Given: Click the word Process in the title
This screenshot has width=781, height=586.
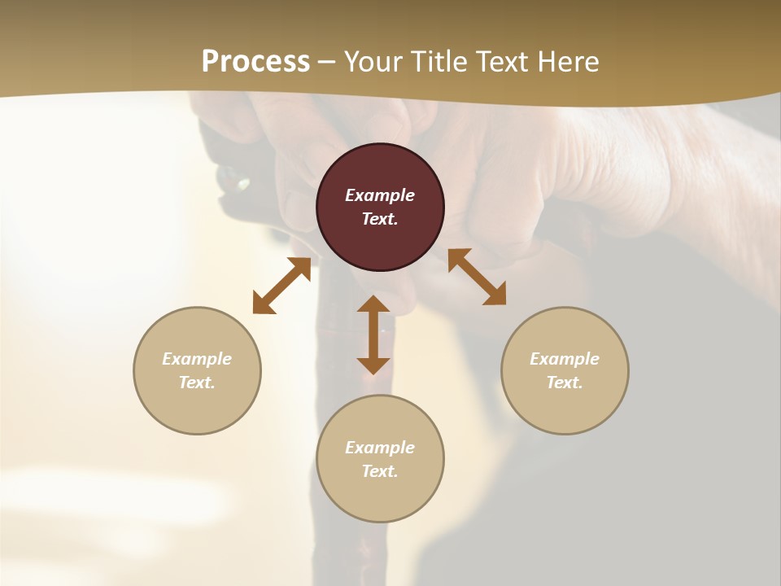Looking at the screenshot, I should [255, 62].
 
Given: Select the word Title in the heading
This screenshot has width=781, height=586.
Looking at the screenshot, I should [440, 62].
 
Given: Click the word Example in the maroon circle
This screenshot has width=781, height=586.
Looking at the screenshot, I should [380, 195].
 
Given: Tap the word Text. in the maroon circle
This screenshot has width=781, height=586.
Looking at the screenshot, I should [380, 219].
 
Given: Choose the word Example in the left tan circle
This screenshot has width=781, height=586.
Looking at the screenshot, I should [197, 359].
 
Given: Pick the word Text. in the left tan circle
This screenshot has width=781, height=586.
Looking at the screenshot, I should [197, 383].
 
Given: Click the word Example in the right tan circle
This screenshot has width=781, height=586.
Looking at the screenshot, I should [565, 359].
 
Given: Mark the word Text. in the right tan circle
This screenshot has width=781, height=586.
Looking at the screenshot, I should [565, 383].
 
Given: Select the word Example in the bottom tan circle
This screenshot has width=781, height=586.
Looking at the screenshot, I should [380, 448].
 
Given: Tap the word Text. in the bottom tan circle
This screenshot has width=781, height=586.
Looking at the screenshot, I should [380, 471].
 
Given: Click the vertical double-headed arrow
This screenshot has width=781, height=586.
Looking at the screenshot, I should [373, 335].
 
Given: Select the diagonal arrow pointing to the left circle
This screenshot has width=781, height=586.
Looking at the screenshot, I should [281, 286].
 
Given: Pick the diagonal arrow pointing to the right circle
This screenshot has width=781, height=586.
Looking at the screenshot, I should [477, 277].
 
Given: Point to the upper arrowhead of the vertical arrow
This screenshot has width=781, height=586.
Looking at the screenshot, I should [373, 304].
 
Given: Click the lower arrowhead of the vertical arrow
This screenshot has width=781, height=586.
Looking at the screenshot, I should [373, 365].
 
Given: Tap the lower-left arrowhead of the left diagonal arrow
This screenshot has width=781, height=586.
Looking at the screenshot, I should [261, 305].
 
